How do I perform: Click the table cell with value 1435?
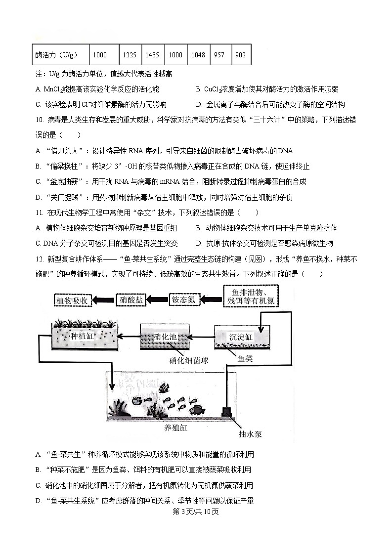click(152, 55)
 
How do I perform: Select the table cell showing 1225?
click(130, 55)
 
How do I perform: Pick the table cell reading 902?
click(241, 55)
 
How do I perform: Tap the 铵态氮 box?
click(183, 299)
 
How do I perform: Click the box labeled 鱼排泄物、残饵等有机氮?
click(249, 296)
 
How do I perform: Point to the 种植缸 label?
click(82, 336)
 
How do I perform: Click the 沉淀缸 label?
click(241, 337)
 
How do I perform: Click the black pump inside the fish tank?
click(227, 410)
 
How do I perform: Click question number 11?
click(39, 213)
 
